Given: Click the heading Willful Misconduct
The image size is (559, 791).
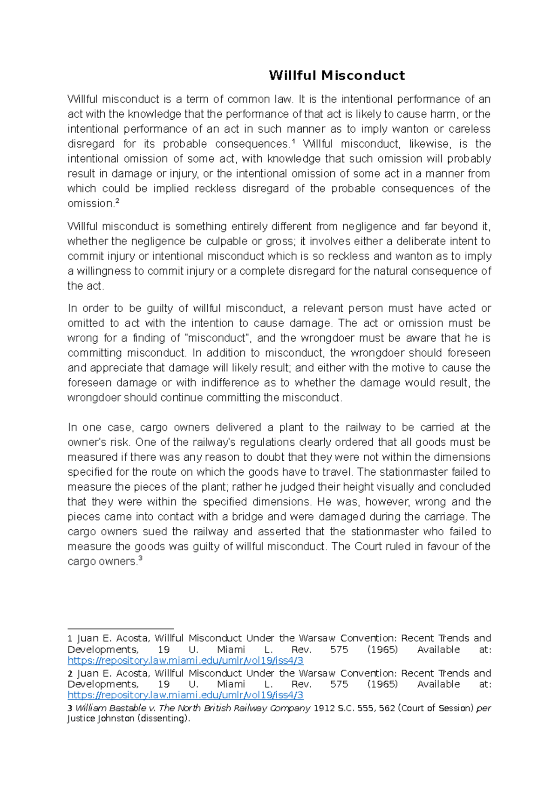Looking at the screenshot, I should click(x=337, y=75).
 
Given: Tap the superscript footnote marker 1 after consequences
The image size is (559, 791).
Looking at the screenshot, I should click(x=293, y=142).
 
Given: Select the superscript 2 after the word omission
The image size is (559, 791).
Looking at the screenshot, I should click(x=117, y=201).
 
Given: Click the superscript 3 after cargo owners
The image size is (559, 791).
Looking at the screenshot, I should click(x=140, y=559).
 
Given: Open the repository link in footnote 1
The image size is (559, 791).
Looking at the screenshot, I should click(x=185, y=661).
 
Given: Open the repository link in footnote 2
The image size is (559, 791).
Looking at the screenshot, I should click(x=185, y=696).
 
